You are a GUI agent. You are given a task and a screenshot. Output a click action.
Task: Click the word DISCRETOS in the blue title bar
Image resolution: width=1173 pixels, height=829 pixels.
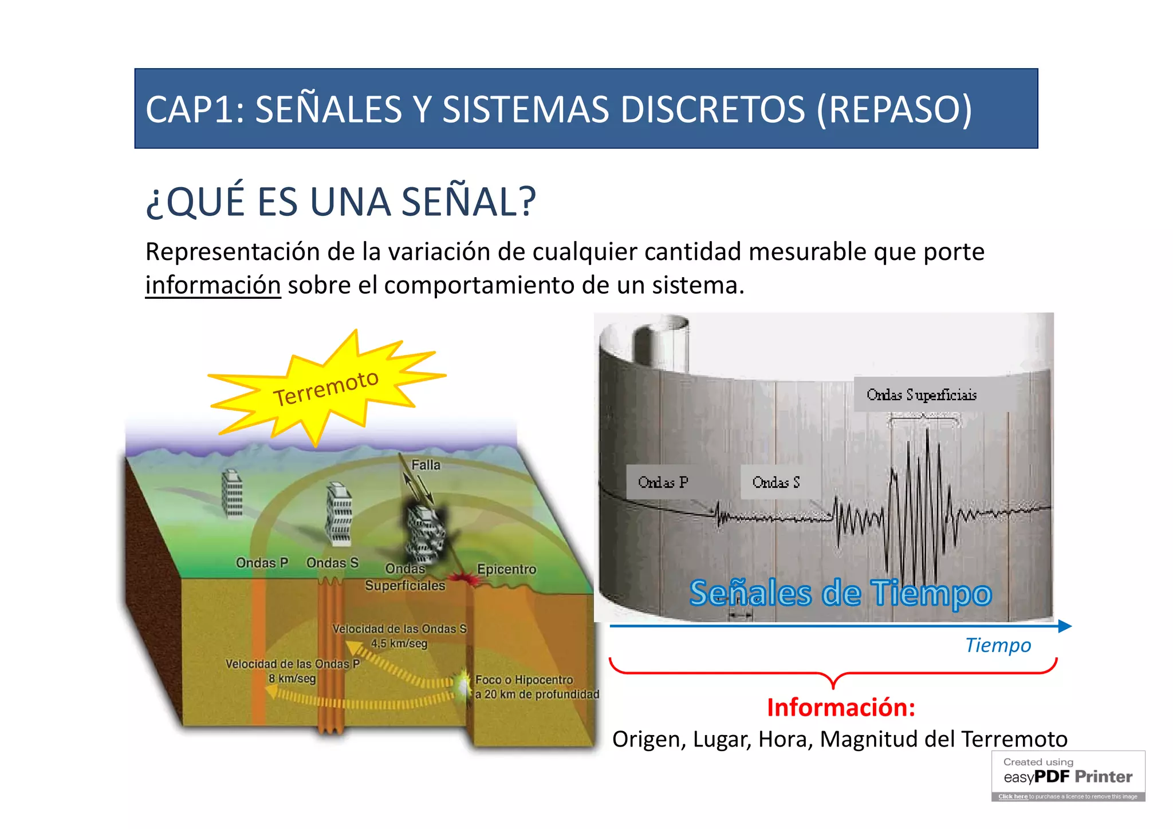pyautogui.click(x=713, y=109)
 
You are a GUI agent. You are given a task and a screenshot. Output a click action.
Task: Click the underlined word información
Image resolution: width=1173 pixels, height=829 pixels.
pyautogui.click(x=213, y=285)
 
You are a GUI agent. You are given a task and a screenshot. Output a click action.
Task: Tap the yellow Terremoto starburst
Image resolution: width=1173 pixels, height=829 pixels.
pyautogui.click(x=325, y=388)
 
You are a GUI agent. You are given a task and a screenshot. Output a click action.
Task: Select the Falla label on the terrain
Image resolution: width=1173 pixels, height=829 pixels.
pyautogui.click(x=426, y=465)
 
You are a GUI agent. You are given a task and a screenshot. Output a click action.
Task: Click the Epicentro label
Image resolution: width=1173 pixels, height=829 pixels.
pyautogui.click(x=506, y=569)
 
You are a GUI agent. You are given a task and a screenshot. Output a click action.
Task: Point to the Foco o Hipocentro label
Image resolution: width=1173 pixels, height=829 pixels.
pyautogui.click(x=524, y=680)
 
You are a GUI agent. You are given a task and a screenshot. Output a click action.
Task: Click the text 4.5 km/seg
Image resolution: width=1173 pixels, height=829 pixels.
pyautogui.click(x=399, y=643)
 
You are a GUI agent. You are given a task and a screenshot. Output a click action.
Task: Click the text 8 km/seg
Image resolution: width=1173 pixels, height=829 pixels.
pyautogui.click(x=292, y=678)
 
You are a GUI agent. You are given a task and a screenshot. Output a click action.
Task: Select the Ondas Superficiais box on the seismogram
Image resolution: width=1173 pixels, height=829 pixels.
pyautogui.click(x=921, y=394)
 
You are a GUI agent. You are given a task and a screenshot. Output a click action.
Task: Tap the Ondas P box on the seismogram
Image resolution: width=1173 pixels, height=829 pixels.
pyautogui.click(x=663, y=482)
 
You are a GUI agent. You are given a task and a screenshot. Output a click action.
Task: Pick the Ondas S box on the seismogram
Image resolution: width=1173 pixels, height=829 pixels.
pyautogui.click(x=776, y=482)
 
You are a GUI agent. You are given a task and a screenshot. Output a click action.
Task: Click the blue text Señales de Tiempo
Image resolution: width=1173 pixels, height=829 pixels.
pyautogui.click(x=840, y=593)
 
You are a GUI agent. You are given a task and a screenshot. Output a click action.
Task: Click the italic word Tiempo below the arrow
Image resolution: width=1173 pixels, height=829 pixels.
pyautogui.click(x=998, y=645)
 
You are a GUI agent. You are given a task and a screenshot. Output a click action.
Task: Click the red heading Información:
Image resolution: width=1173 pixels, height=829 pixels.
pyautogui.click(x=841, y=708)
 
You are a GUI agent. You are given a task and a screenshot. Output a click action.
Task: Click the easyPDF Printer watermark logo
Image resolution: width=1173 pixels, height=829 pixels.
pyautogui.click(x=1068, y=776)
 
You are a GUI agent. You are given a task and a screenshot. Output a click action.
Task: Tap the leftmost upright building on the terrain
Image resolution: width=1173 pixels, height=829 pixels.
pyautogui.click(x=232, y=493)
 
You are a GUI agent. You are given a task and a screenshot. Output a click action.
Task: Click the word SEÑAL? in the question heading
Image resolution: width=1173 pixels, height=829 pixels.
pyautogui.click(x=469, y=202)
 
